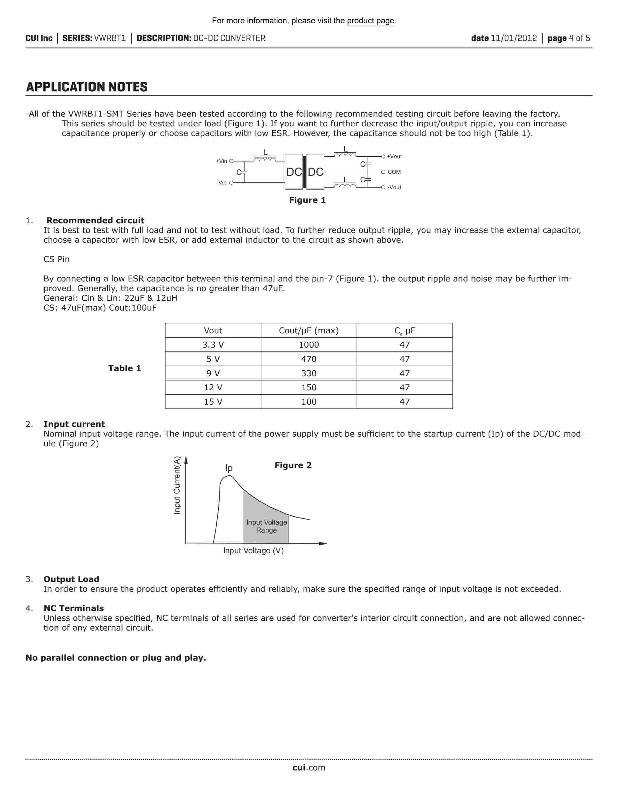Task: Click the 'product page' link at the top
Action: (x=371, y=21)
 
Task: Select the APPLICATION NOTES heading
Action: (x=87, y=87)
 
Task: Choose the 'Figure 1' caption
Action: (x=307, y=200)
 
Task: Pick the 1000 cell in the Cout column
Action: (x=309, y=345)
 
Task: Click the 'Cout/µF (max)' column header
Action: (x=309, y=330)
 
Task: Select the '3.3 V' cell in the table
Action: (x=213, y=345)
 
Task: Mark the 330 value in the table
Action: (x=309, y=373)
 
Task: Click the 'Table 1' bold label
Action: (x=125, y=368)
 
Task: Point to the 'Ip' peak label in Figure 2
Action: (x=229, y=468)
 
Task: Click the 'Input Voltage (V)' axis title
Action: (x=253, y=551)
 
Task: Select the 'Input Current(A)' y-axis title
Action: (x=177, y=485)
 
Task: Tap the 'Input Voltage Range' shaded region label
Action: (x=267, y=526)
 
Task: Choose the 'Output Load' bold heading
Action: (x=71, y=579)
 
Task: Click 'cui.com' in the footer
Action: (x=309, y=768)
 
